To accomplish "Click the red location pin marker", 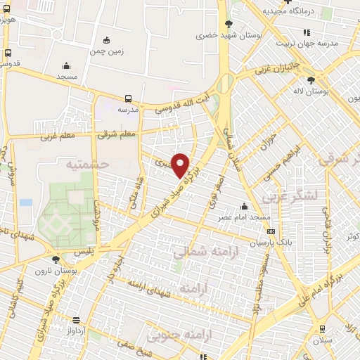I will (x=181, y=165).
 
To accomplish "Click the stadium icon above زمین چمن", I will (x=106, y=39).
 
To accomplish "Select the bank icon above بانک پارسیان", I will (x=271, y=231).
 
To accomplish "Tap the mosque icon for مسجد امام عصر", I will (x=244, y=206).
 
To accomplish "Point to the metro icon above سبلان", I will (x=322, y=328).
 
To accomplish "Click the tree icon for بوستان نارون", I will (x=56, y=259).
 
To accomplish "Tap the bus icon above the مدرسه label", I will (x=129, y=99).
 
